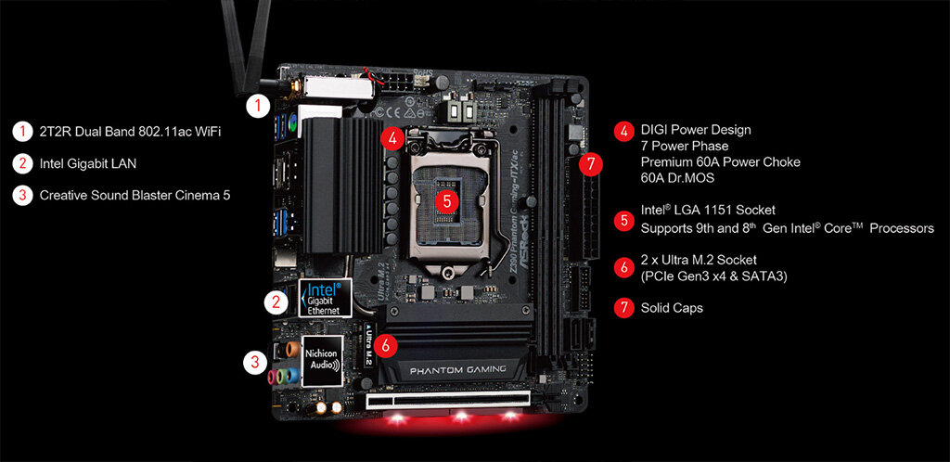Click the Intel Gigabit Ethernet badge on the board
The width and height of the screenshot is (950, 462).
326,297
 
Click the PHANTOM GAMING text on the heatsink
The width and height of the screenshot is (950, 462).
457,369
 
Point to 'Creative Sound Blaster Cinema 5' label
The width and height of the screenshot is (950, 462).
135,195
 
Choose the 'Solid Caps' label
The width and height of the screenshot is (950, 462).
672,308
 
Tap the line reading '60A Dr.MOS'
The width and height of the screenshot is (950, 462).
678,178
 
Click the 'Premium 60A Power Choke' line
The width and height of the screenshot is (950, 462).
720,162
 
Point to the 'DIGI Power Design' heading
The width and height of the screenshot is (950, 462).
696,130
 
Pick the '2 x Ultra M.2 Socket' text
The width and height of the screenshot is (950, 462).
699,260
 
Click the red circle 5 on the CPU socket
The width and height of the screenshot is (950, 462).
447,201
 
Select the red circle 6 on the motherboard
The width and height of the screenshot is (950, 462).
386,345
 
